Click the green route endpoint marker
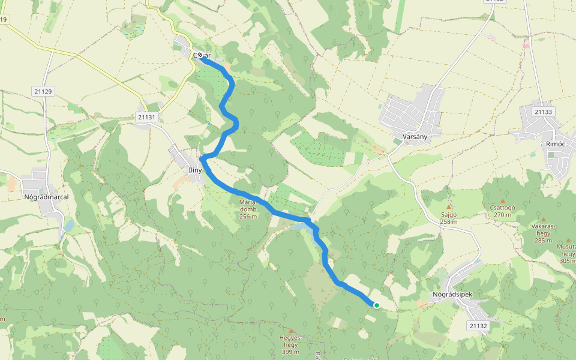point(377,305)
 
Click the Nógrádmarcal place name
point(46,196)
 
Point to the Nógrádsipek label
point(453,295)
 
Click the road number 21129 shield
point(43,91)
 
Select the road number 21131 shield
point(146,117)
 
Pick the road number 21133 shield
point(543,112)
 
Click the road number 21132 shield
point(478,326)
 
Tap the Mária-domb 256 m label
point(248,209)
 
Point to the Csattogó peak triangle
point(502,200)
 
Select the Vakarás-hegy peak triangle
point(544,220)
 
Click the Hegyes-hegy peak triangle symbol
point(292,331)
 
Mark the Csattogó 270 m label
point(499,211)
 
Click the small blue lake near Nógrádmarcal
point(68,226)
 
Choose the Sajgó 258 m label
point(448,218)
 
